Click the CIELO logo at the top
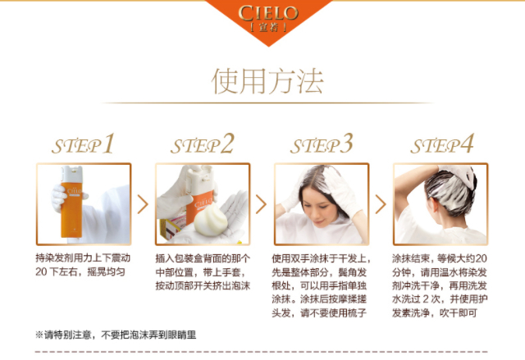coord(268,18)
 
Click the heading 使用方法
coord(267,81)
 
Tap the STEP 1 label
coord(84,144)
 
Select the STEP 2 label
coord(203,144)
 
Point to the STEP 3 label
coord(322,144)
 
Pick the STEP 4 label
coord(442,144)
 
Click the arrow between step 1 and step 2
coord(143,204)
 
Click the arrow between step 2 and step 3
coord(261,204)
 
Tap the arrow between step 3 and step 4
coord(381,204)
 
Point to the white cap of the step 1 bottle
coord(71,175)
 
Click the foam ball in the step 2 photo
coord(211,219)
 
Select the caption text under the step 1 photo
coord(83,265)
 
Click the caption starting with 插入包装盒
coord(203,271)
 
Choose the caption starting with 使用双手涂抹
coord(321,285)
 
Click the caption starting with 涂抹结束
coord(440,285)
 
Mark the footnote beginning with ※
coord(116,335)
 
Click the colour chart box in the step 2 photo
coord(172,227)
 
